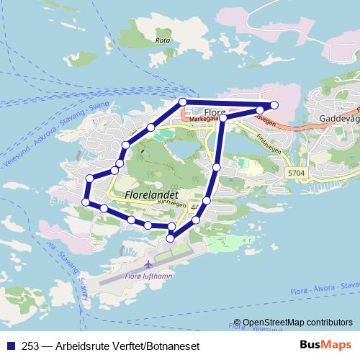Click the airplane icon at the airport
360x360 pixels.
pos(148,263)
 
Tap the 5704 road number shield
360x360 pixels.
pos(295,174)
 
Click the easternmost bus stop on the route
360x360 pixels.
pos(274,105)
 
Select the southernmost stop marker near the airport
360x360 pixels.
pos(171,238)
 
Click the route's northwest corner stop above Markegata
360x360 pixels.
pos(183,102)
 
